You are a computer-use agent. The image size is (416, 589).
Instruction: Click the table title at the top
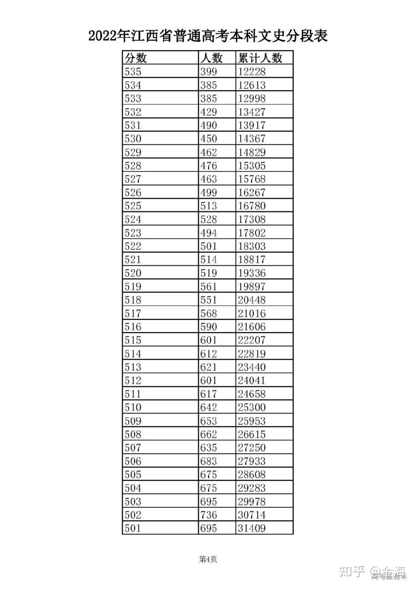tap(208, 36)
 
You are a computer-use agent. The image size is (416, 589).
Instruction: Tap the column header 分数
tap(136, 58)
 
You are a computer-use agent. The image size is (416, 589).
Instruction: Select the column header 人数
tap(211, 58)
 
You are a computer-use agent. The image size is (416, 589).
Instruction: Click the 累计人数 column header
tap(260, 58)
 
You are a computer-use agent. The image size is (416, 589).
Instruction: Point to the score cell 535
tap(133, 72)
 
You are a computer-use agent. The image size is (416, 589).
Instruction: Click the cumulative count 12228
tap(251, 72)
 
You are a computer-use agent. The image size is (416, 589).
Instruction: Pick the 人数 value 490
tap(209, 125)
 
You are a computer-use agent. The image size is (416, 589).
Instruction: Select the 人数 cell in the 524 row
tap(209, 219)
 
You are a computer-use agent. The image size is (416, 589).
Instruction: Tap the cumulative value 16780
tap(251, 206)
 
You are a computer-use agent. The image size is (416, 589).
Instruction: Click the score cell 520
tap(133, 273)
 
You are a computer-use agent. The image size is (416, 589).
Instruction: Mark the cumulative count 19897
tap(251, 286)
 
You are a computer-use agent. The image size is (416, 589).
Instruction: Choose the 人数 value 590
tap(209, 327)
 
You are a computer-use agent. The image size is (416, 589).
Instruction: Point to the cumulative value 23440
tap(251, 367)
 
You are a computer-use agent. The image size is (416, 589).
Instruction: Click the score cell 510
tap(133, 407)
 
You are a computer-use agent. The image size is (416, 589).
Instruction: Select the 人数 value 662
tap(209, 434)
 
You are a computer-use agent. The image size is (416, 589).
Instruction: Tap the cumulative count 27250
tap(251, 447)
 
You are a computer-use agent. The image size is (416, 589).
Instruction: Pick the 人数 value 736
tap(209, 515)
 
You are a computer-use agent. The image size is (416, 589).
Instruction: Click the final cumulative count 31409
tap(251, 528)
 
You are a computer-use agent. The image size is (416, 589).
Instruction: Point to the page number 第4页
tap(208, 560)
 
